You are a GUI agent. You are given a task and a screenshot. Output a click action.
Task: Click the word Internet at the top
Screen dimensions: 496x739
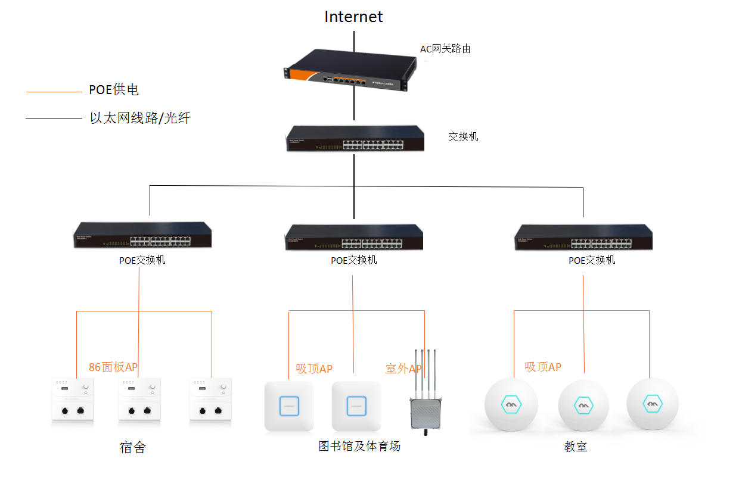(x=353, y=17)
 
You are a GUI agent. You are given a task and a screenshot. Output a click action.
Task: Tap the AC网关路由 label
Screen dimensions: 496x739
(x=445, y=49)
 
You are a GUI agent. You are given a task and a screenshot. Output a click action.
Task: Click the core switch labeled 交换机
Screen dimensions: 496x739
(x=355, y=138)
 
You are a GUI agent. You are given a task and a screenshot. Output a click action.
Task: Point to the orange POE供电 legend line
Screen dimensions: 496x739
(x=54, y=92)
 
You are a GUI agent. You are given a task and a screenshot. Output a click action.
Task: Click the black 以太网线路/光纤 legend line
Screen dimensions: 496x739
(x=54, y=118)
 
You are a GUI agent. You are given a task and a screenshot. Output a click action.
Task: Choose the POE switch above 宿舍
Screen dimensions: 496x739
(x=142, y=235)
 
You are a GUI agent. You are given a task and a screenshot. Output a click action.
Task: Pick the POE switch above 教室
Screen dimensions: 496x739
(x=583, y=237)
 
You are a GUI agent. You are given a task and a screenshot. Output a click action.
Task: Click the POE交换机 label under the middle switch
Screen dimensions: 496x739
(x=354, y=260)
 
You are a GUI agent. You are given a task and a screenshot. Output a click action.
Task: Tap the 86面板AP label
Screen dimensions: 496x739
(x=113, y=367)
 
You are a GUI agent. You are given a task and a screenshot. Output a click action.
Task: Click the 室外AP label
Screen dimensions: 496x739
(x=403, y=369)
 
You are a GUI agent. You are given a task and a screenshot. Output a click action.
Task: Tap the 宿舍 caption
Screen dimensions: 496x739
(x=132, y=447)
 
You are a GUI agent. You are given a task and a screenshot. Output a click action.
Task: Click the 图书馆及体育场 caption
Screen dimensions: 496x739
(x=359, y=446)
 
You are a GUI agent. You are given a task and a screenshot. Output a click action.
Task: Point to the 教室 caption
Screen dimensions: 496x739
(x=575, y=447)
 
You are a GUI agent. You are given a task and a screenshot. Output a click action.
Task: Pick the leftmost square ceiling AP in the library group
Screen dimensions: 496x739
(x=289, y=405)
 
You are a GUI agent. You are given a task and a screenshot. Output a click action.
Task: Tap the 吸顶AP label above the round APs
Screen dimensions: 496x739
(x=542, y=367)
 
